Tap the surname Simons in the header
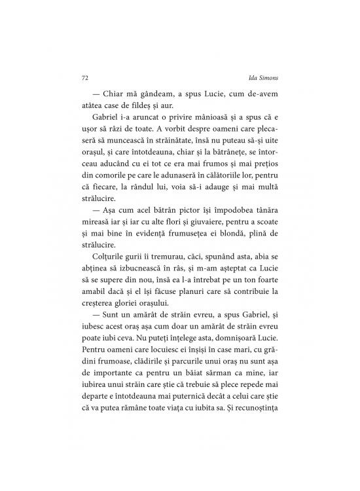(x=270, y=77)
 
